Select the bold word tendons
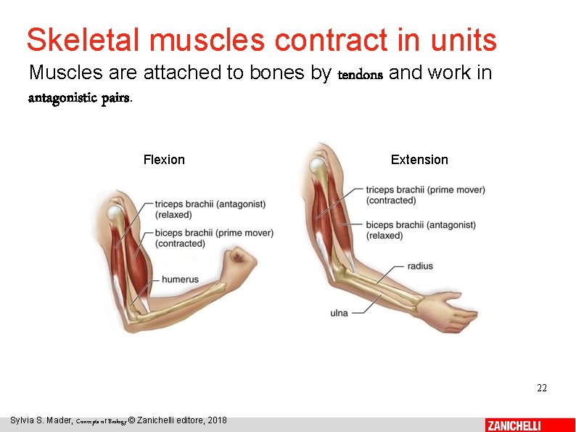coord(361,74)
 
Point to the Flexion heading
coord(164,160)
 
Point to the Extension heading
coord(419,160)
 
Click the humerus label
coord(180,280)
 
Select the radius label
coord(420,266)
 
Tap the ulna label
coord(339,313)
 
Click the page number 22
coord(541,388)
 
